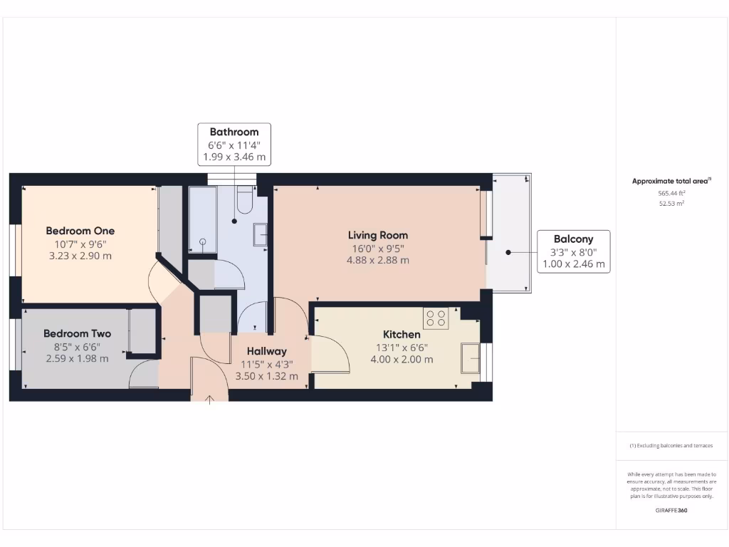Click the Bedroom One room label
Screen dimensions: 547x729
80,231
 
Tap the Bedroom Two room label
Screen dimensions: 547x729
77,333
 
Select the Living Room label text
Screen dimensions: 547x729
377,235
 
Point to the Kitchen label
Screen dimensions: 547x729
402,334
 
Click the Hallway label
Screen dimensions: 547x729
267,351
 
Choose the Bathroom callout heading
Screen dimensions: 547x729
234,132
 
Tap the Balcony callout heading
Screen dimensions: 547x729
573,239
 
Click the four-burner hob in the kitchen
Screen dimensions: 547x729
436,318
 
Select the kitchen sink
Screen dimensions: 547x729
470,358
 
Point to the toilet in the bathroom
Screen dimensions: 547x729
244,201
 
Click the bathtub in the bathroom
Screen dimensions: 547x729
202,219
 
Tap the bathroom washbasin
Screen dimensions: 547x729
261,234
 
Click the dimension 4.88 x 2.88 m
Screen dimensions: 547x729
377,261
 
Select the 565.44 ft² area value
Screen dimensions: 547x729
671,193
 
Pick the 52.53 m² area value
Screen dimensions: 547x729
671,204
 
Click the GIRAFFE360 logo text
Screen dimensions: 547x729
671,511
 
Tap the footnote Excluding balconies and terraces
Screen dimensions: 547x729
671,446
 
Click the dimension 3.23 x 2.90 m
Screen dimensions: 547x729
80,256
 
